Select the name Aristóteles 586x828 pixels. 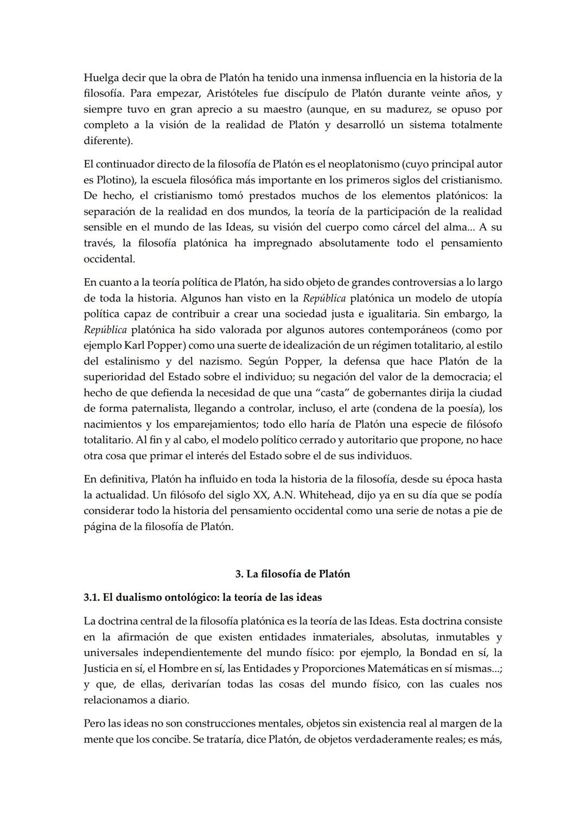223,93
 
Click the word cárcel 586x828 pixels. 413,227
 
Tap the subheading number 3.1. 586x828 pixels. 91,598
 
